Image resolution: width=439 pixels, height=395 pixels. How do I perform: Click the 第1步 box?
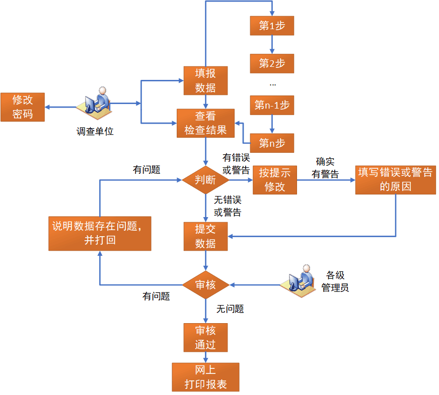(x=272, y=26)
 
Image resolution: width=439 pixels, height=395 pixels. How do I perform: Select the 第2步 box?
(x=272, y=63)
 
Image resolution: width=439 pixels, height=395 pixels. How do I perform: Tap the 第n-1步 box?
(x=272, y=105)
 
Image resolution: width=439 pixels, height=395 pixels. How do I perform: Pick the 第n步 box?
(x=272, y=143)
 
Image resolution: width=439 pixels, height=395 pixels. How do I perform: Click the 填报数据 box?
(x=205, y=80)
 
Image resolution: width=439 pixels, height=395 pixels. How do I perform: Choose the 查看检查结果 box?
(x=205, y=123)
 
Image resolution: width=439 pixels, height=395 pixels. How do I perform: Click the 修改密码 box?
(x=23, y=107)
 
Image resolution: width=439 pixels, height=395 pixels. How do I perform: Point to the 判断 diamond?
(x=205, y=179)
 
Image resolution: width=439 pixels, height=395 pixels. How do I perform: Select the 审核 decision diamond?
(x=205, y=285)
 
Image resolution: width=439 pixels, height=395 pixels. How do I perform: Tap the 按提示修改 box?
(x=275, y=179)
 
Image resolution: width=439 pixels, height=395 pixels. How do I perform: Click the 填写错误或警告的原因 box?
(x=395, y=179)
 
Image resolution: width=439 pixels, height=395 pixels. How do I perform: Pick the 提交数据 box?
(x=205, y=236)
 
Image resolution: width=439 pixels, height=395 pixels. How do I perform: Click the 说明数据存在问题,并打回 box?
(x=100, y=233)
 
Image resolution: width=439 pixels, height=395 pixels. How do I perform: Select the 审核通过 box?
(x=205, y=337)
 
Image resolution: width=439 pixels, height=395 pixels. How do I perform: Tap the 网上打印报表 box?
(x=205, y=377)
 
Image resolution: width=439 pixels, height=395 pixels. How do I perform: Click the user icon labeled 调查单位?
(x=95, y=102)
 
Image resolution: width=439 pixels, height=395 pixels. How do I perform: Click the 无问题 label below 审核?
(x=230, y=309)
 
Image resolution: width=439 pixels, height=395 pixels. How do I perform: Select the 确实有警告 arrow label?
(x=325, y=168)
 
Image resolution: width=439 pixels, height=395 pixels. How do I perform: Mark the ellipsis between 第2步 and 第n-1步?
(x=272, y=84)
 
